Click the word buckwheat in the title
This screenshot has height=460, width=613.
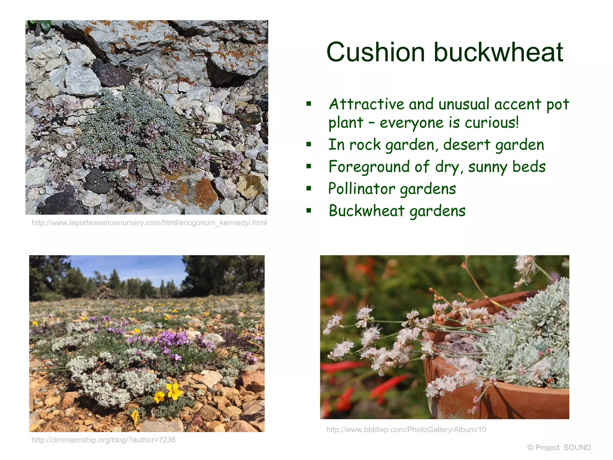(498, 52)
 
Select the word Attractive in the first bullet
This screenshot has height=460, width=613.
(367, 104)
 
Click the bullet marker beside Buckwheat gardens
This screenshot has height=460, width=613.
(309, 211)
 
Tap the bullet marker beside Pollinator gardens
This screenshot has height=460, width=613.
(309, 188)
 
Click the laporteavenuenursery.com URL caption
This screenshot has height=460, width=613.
(149, 223)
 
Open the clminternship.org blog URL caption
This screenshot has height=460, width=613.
(104, 440)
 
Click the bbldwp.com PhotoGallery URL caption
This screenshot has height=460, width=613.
(406, 430)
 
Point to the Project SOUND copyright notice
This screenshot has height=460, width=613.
(559, 447)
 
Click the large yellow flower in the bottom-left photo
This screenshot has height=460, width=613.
(173, 391)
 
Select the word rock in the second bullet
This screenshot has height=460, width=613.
(365, 145)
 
